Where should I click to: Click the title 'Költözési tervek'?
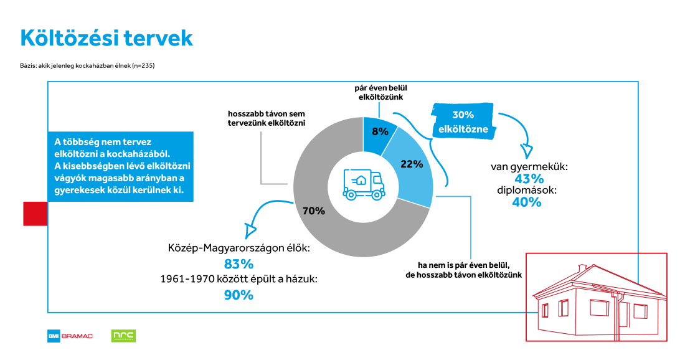pyautogui.click(x=106, y=38)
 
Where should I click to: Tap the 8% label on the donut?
pyautogui.click(x=380, y=131)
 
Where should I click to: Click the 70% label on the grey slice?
pyautogui.click(x=313, y=211)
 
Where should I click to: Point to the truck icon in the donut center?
pyautogui.click(x=362, y=185)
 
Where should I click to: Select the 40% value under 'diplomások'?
pyautogui.click(x=526, y=202)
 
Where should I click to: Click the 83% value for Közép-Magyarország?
pyautogui.click(x=239, y=263)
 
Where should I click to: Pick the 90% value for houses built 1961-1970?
pyautogui.click(x=239, y=295)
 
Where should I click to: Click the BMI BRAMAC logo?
pyautogui.click(x=70, y=336)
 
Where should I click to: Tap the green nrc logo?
pyautogui.click(x=123, y=336)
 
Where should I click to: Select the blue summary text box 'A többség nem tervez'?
pyautogui.click(x=120, y=166)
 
